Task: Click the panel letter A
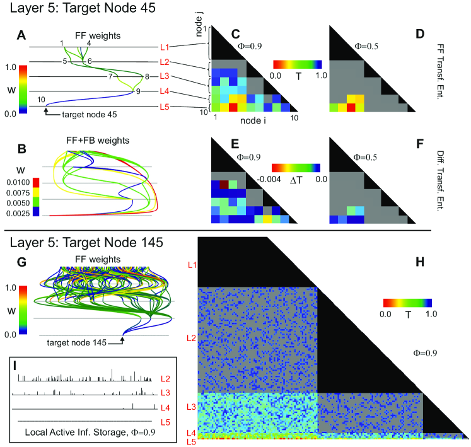(21, 37)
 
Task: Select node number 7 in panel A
(110, 77)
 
